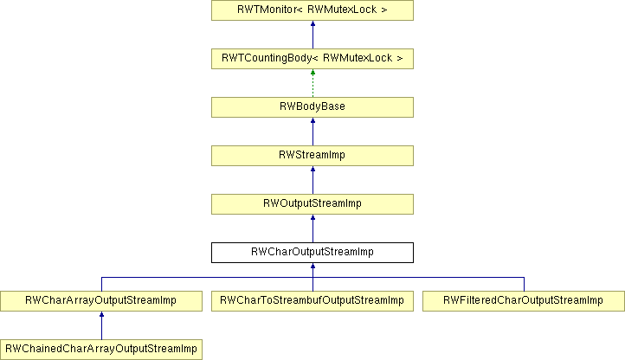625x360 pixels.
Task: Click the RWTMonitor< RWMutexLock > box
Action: click(x=312, y=10)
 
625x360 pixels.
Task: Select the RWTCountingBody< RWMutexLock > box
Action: click(x=312, y=59)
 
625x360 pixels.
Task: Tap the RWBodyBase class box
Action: click(x=312, y=107)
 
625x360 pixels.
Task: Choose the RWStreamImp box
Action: click(x=312, y=156)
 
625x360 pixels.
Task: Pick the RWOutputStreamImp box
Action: click(x=312, y=204)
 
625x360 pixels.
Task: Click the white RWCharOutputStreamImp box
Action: click(x=312, y=253)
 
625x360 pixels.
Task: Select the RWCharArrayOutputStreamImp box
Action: click(x=101, y=301)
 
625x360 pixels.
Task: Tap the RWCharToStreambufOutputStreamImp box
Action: click(x=312, y=301)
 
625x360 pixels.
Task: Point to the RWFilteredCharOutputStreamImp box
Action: click(x=524, y=301)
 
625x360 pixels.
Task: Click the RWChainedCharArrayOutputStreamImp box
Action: click(x=101, y=350)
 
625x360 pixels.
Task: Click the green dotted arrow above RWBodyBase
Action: click(x=312, y=83)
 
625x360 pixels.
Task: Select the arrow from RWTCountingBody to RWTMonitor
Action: click(x=312, y=35)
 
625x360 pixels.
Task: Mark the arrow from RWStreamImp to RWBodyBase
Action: click(x=312, y=132)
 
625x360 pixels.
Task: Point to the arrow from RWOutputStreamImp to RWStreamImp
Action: click(x=312, y=180)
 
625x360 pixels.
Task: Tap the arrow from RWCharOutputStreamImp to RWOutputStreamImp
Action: click(x=312, y=228)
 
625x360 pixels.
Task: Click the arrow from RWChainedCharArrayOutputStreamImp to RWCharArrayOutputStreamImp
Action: click(x=101, y=325)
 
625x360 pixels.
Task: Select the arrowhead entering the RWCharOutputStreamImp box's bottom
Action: click(x=312, y=266)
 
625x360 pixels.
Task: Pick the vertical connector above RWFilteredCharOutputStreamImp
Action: click(x=525, y=284)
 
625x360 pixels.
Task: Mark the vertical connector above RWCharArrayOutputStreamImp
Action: click(x=101, y=284)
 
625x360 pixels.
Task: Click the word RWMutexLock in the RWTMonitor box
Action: click(x=342, y=10)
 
